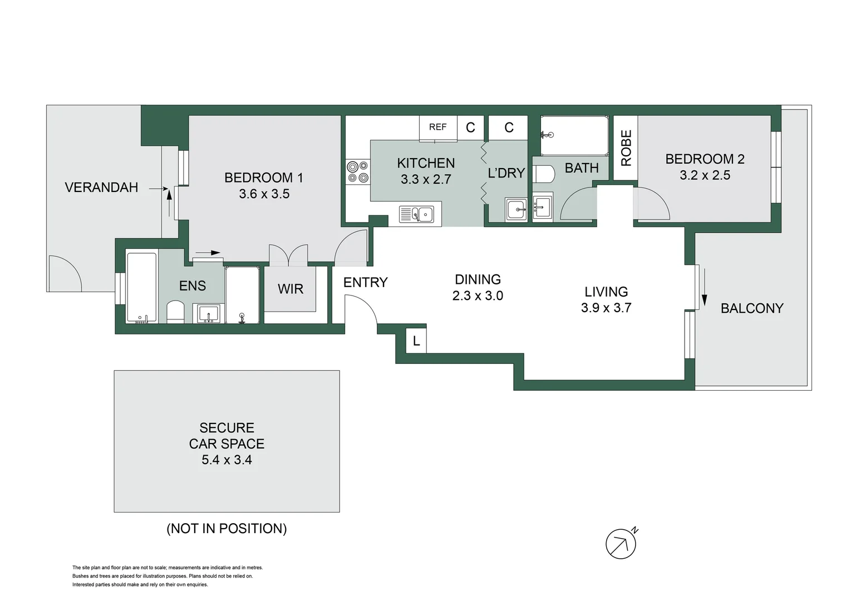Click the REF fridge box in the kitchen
[437, 127]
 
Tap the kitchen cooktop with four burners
[357, 171]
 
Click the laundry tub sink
[516, 210]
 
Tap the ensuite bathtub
[141, 288]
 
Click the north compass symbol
[621, 543]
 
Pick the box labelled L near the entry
[416, 341]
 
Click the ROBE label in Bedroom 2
[626, 148]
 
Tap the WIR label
[291, 289]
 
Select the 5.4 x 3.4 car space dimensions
[227, 460]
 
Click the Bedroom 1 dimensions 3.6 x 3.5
[264, 194]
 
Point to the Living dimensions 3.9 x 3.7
[606, 308]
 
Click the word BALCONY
[751, 308]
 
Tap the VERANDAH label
[101, 188]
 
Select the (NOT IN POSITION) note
[227, 529]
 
